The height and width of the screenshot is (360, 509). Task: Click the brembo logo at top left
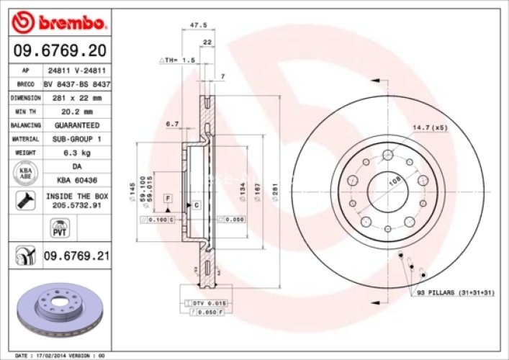click(x=60, y=23)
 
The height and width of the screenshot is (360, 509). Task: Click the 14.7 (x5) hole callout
click(x=429, y=127)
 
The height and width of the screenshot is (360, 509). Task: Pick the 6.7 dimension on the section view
click(x=172, y=124)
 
